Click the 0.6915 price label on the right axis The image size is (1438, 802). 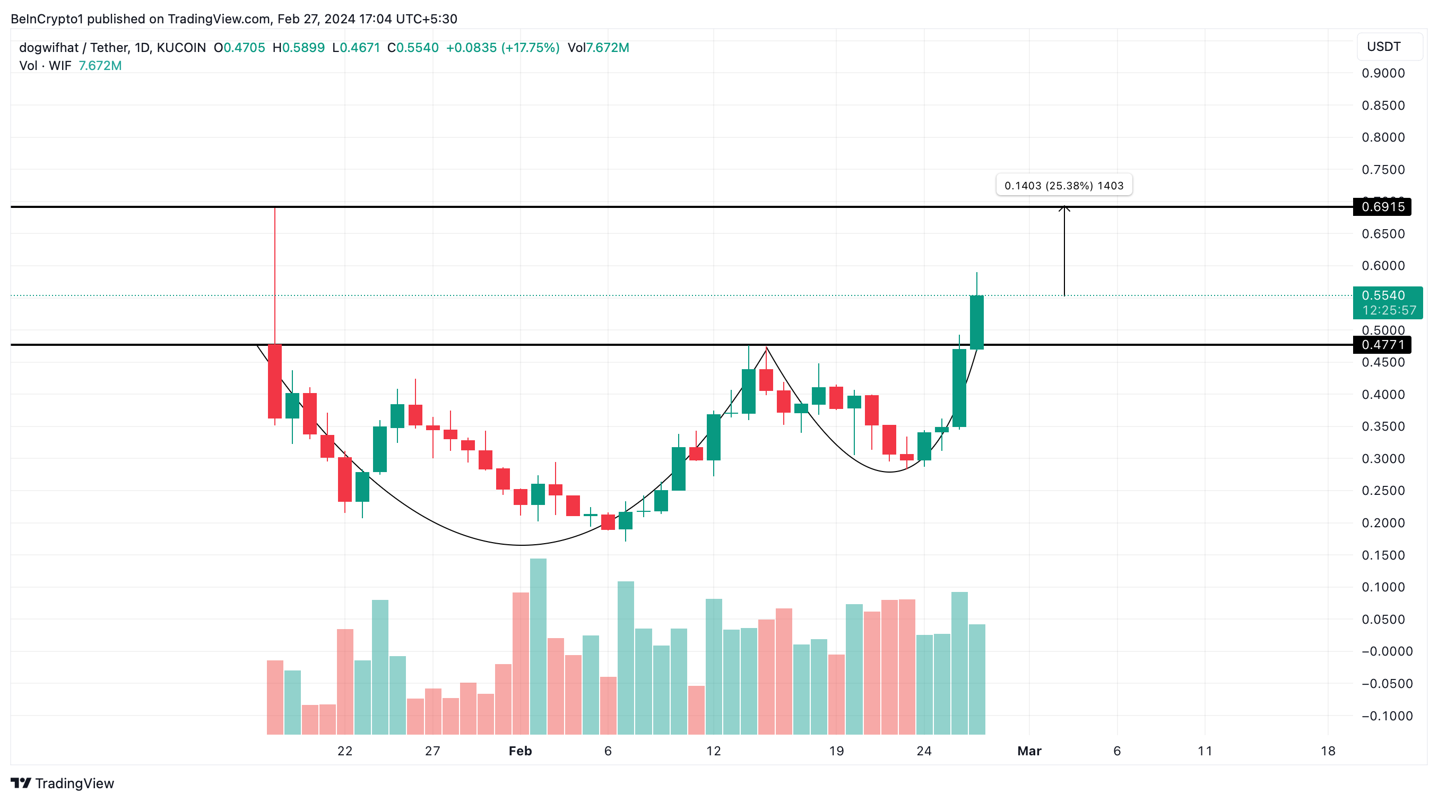tap(1382, 207)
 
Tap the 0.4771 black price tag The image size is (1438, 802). tap(1382, 345)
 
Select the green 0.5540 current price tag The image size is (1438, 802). tap(1383, 295)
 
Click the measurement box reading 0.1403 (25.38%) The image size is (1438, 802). tap(1063, 185)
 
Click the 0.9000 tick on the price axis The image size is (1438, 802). tap(1383, 73)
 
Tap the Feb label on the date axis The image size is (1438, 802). tap(519, 751)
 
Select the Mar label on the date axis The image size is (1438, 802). tap(1029, 751)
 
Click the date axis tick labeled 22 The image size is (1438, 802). tap(344, 751)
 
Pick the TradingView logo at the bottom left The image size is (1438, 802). tap(62, 783)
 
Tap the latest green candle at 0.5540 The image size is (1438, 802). tap(976, 322)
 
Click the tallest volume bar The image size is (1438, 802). tap(538, 646)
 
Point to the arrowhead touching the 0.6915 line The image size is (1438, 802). tap(1064, 209)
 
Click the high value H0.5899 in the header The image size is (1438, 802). tap(299, 48)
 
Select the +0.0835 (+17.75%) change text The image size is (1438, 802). tap(503, 48)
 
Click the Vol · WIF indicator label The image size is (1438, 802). tap(45, 66)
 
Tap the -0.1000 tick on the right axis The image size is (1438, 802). tap(1387, 716)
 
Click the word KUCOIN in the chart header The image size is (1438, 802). tap(181, 48)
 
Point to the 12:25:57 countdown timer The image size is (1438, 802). tap(1389, 310)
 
